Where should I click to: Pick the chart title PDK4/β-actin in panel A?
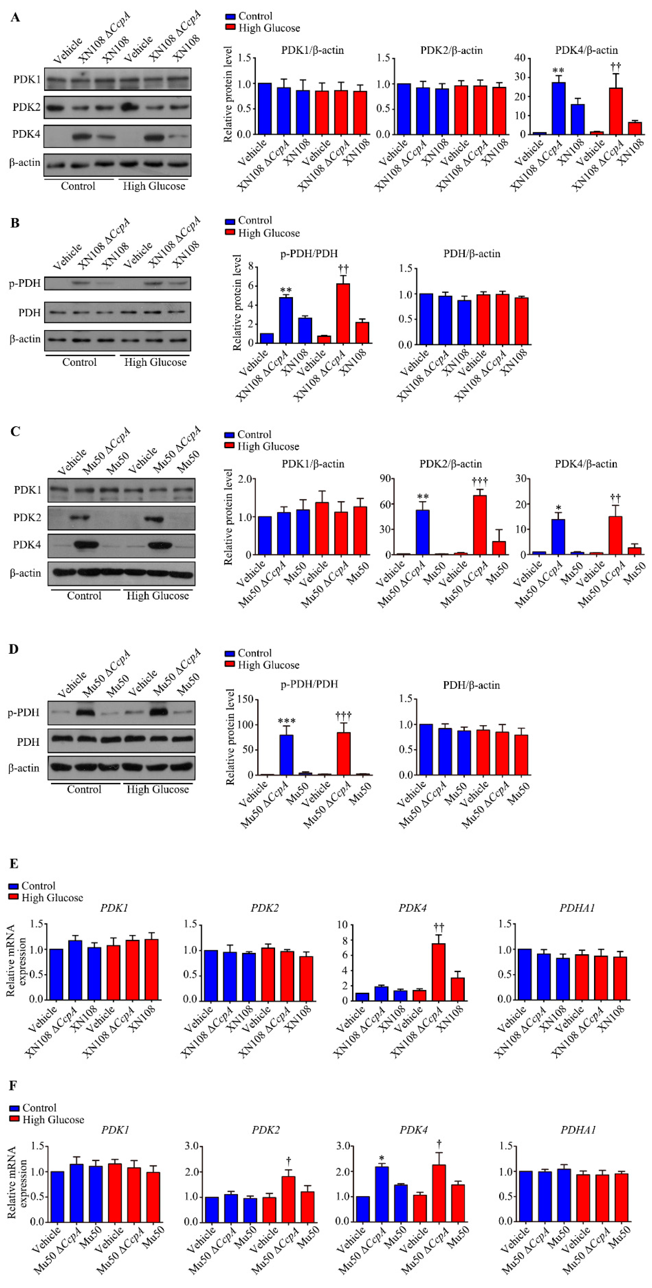586,50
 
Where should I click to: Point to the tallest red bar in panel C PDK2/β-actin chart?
480,525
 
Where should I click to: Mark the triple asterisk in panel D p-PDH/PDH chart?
286,721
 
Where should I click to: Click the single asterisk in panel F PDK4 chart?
381,1158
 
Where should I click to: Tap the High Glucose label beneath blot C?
158,596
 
